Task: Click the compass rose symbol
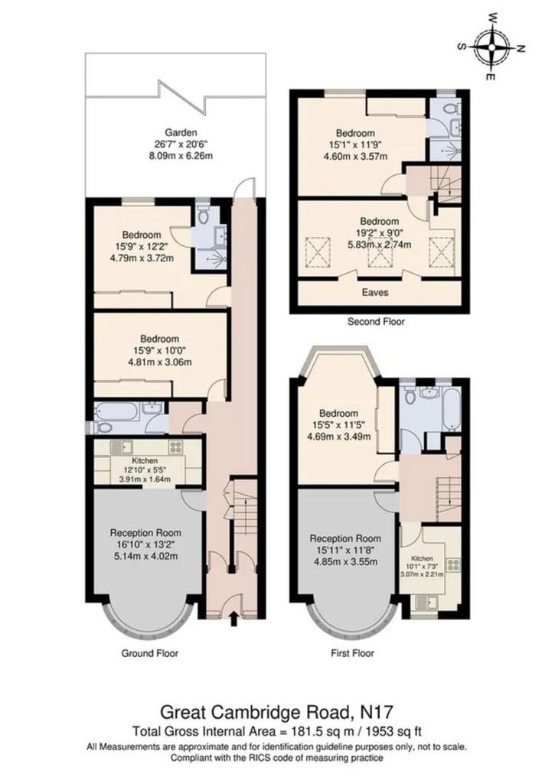[491, 47]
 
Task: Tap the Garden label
[181, 133]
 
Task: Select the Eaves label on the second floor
[375, 292]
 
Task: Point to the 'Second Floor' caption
[376, 322]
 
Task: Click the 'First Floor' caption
[352, 653]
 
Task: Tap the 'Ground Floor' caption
[149, 653]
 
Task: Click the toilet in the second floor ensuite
[452, 106]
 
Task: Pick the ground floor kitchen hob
[175, 447]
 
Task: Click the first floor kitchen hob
[453, 565]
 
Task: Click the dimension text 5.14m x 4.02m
[145, 556]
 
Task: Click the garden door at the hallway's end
[244, 189]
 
